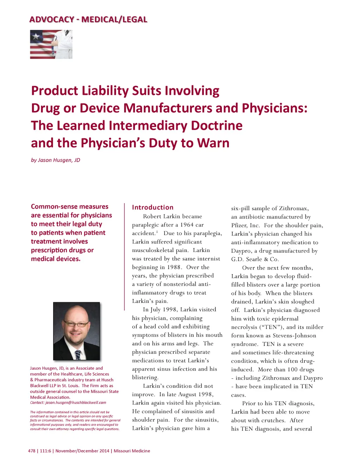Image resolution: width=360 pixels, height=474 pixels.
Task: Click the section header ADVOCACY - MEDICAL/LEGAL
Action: [88, 19]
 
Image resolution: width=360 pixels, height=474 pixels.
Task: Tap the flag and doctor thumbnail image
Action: [51, 44]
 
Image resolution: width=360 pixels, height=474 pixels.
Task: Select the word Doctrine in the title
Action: [217, 125]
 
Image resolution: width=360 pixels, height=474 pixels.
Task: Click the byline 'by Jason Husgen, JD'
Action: [56, 160]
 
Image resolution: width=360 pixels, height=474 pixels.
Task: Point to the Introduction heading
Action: [153, 207]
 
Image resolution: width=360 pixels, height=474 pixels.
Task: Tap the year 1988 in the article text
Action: [174, 267]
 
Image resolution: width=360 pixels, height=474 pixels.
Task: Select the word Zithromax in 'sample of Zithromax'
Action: [293, 208]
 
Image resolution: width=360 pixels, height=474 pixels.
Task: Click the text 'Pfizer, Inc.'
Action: [245, 225]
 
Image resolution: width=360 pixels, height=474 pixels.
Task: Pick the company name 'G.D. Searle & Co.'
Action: [255, 259]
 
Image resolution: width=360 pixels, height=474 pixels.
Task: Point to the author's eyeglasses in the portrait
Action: [76, 323]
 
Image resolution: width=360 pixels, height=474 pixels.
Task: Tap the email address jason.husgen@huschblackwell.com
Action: [76, 403]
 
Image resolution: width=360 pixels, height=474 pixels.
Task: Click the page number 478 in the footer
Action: [32, 451]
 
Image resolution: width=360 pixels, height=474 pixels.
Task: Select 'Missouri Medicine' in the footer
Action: [132, 451]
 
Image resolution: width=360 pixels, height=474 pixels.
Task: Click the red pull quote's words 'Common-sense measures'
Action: [70, 207]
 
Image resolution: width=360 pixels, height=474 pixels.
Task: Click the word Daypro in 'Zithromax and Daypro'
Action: [313, 378]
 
